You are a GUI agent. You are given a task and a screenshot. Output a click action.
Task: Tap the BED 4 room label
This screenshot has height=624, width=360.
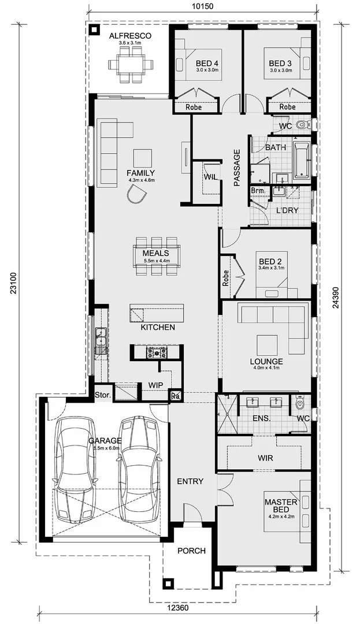(x=207, y=63)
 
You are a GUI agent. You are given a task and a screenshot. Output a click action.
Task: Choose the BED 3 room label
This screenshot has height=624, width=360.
(x=280, y=63)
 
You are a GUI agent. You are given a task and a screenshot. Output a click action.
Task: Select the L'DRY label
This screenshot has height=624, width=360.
(x=287, y=210)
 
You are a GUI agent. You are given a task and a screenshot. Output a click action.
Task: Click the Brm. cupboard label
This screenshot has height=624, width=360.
(x=258, y=191)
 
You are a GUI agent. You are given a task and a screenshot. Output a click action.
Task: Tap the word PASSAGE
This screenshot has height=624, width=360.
(x=237, y=168)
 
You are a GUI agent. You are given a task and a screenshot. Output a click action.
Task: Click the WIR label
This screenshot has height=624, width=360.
(x=265, y=458)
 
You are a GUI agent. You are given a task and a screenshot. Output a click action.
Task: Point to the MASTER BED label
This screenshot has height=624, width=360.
(x=280, y=506)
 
